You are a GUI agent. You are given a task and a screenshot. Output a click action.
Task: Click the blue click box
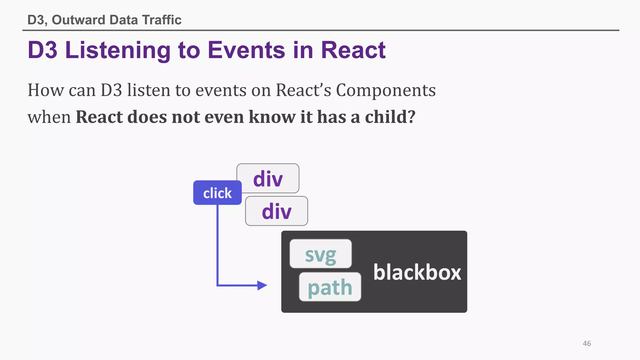coord(217,193)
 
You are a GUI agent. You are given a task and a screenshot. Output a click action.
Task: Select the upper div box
coord(268,178)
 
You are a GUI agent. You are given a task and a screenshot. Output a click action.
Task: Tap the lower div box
coord(277,211)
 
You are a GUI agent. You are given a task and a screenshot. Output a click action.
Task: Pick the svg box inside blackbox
coord(320,254)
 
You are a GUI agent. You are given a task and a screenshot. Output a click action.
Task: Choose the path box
coord(330,287)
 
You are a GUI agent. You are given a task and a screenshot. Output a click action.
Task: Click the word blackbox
coord(417,272)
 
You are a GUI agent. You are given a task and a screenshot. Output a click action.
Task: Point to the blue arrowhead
coord(262,285)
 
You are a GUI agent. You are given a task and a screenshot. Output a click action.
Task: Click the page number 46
coord(587,343)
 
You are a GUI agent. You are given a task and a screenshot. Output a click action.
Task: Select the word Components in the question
coord(386,90)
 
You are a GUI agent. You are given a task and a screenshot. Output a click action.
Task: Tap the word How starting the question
coord(46,90)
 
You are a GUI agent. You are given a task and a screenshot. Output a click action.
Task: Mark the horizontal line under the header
coord(321,30)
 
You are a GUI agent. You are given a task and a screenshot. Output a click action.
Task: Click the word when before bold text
coord(49,117)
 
